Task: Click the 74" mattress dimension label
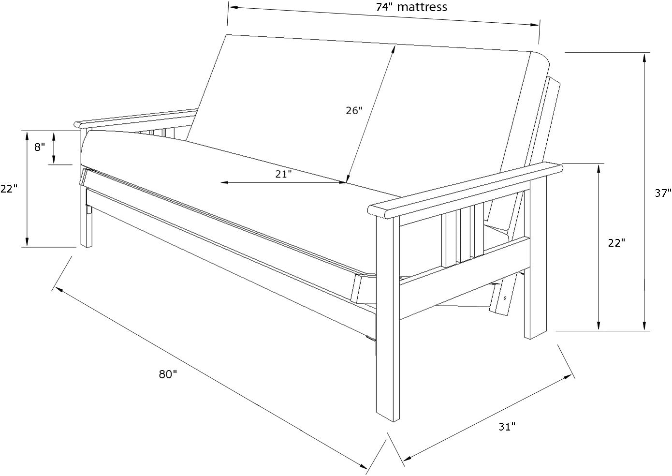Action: coord(411,7)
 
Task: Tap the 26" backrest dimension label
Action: coord(354,111)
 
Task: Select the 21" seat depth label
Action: coord(283,174)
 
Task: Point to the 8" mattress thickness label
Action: coord(39,147)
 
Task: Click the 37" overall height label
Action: coord(663,193)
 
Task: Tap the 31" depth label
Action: coord(507,427)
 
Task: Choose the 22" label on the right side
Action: coord(616,243)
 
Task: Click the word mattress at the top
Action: coord(422,7)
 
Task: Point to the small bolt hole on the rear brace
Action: coord(504,298)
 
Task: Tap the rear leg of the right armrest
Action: coord(535,258)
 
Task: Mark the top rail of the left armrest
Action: coord(136,118)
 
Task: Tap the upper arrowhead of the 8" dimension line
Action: coord(54,136)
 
